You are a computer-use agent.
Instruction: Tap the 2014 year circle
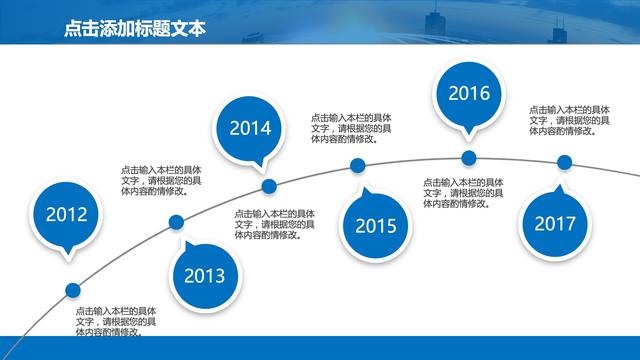point(250,127)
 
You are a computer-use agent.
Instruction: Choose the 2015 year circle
point(375,225)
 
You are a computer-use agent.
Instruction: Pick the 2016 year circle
point(468,94)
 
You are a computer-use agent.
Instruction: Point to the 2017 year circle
point(554,223)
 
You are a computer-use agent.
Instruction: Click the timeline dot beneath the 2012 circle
point(72,290)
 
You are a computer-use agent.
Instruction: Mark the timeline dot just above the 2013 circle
point(177,223)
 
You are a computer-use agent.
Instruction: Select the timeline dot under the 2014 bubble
point(268,185)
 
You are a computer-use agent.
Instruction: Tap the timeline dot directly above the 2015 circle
point(358,166)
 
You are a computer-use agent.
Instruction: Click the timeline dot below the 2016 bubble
point(468,158)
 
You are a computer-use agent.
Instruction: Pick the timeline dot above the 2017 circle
point(564,162)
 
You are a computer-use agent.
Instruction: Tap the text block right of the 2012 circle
point(161,180)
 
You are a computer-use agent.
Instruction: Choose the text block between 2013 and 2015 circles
point(275,224)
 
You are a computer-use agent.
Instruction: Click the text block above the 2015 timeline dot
point(350,128)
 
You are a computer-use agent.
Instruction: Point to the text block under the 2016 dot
point(462,193)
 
